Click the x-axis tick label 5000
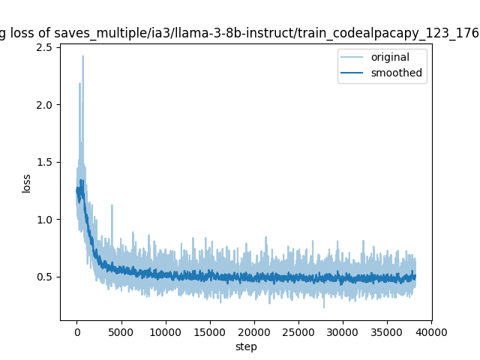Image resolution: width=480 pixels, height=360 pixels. pyautogui.click(x=121, y=332)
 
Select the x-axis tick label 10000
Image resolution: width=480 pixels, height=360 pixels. pyautogui.click(x=165, y=332)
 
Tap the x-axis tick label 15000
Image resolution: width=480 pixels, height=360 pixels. pyautogui.click(x=209, y=332)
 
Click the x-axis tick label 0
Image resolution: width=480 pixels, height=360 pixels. pyautogui.click(x=76, y=332)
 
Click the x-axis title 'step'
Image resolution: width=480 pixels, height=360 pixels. pyautogui.click(x=246, y=346)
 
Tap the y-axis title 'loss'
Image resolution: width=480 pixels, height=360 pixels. pyautogui.click(x=27, y=183)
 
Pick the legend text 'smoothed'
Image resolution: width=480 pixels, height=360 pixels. pyautogui.click(x=396, y=73)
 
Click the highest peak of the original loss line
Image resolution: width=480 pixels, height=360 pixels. pyautogui.click(x=82, y=56)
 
